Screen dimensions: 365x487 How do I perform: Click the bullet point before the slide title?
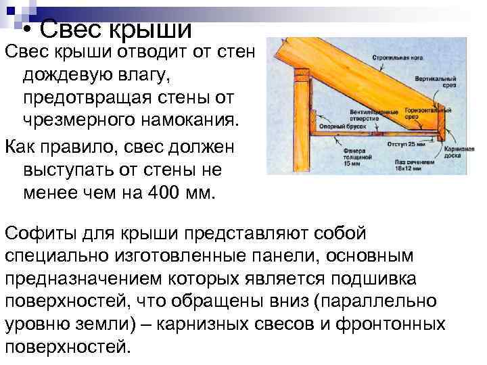(x=26, y=32)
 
